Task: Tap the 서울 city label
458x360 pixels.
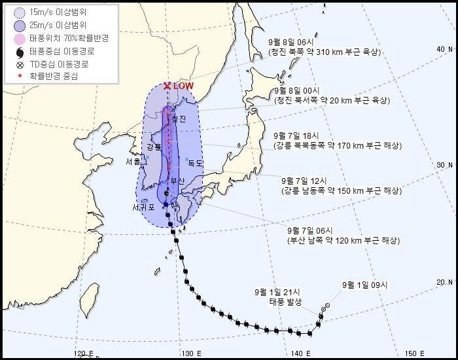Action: tap(133, 162)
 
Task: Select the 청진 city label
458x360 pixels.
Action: tap(179, 119)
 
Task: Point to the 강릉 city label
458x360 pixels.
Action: tap(154, 147)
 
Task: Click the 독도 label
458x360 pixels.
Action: tap(195, 163)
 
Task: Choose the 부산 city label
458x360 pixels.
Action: tap(178, 180)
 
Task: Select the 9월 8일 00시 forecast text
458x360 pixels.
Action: tap(299, 90)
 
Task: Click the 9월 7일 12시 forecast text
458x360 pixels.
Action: tap(304, 180)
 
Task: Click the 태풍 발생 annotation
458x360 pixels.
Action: tap(287, 302)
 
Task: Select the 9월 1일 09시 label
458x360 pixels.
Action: tap(365, 285)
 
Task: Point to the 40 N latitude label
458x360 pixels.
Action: tap(445, 49)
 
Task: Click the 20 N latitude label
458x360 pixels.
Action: tap(445, 282)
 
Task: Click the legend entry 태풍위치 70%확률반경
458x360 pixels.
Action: tap(63, 38)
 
